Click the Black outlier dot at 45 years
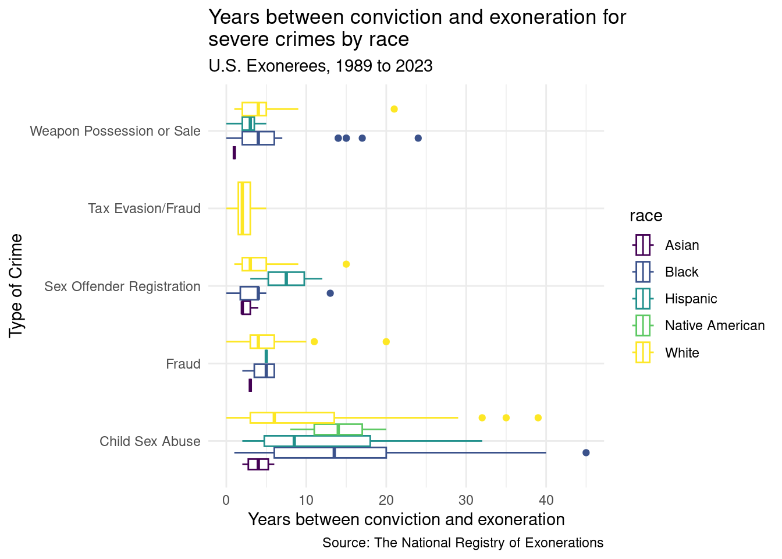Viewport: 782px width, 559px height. (x=586, y=452)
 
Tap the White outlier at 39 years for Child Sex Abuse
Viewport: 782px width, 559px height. (x=538, y=418)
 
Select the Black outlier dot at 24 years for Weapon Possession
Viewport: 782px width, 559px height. (x=418, y=138)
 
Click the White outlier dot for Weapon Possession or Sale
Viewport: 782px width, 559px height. (x=394, y=109)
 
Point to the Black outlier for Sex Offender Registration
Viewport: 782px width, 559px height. (x=330, y=293)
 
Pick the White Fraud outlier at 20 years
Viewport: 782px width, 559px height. (x=386, y=341)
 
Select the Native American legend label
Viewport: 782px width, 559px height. (x=715, y=326)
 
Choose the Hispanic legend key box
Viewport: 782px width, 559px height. (x=643, y=299)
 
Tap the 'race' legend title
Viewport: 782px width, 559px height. (x=646, y=216)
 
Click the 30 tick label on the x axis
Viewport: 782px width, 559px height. (x=466, y=500)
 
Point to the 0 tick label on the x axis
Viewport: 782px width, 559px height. (x=226, y=500)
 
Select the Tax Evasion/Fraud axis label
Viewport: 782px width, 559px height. (x=144, y=208)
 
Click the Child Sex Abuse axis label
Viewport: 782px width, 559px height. (x=150, y=441)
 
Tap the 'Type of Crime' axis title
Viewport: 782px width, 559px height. (x=16, y=285)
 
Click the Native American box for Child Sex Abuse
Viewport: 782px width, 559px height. (x=338, y=429)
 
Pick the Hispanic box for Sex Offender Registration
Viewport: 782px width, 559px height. (x=286, y=278)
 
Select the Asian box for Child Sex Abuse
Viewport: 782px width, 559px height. (x=258, y=464)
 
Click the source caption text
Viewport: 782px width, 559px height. (x=463, y=543)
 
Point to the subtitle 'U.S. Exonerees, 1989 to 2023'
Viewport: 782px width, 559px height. (x=321, y=66)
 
